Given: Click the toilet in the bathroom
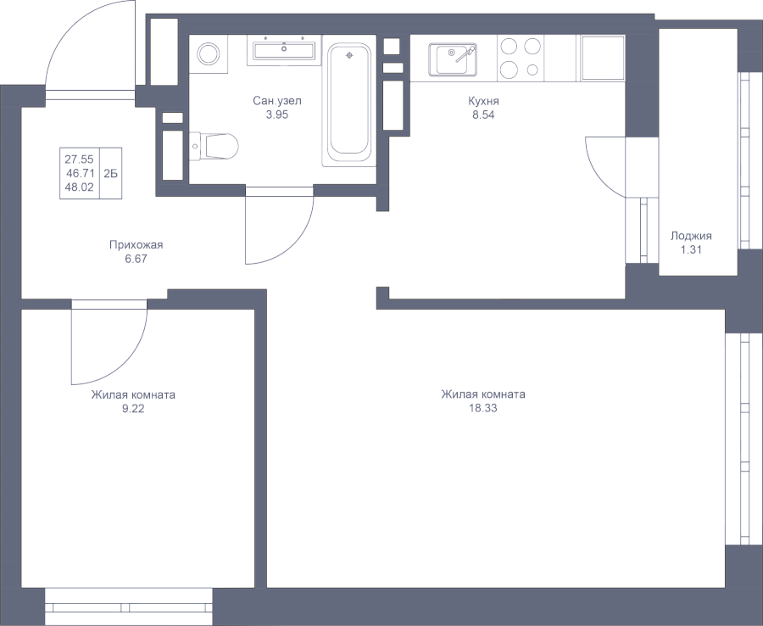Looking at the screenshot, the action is [214, 145].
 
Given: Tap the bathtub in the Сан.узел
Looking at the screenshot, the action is [349, 103].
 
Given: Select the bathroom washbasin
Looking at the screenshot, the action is [284, 50].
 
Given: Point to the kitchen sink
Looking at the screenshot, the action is [453, 60].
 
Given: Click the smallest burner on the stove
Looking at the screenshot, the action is [533, 69].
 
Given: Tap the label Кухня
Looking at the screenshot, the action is [483, 101].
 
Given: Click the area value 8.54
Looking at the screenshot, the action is [483, 115].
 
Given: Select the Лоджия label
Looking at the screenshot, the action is [691, 236].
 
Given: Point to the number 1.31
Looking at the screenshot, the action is [691, 250].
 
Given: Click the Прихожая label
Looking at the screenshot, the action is [136, 245].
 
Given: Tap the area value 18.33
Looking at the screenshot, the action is [482, 408].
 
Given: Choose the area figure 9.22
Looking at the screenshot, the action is [133, 409].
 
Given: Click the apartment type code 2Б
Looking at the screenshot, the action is [110, 173].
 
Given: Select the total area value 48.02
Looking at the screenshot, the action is [80, 187].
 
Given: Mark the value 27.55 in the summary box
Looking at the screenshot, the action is [80, 159].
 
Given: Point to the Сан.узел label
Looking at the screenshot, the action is [277, 101].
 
